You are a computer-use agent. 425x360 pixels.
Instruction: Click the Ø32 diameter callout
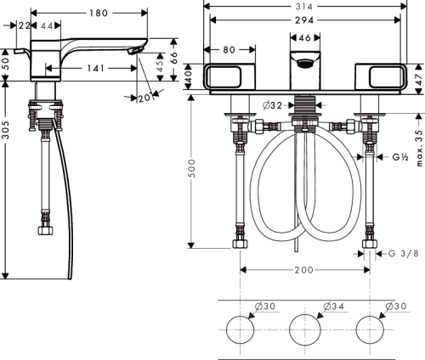[x=273, y=105]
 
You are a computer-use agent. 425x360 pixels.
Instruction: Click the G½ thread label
[x=399, y=158]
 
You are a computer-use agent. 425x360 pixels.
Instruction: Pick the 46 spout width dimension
[x=304, y=38]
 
